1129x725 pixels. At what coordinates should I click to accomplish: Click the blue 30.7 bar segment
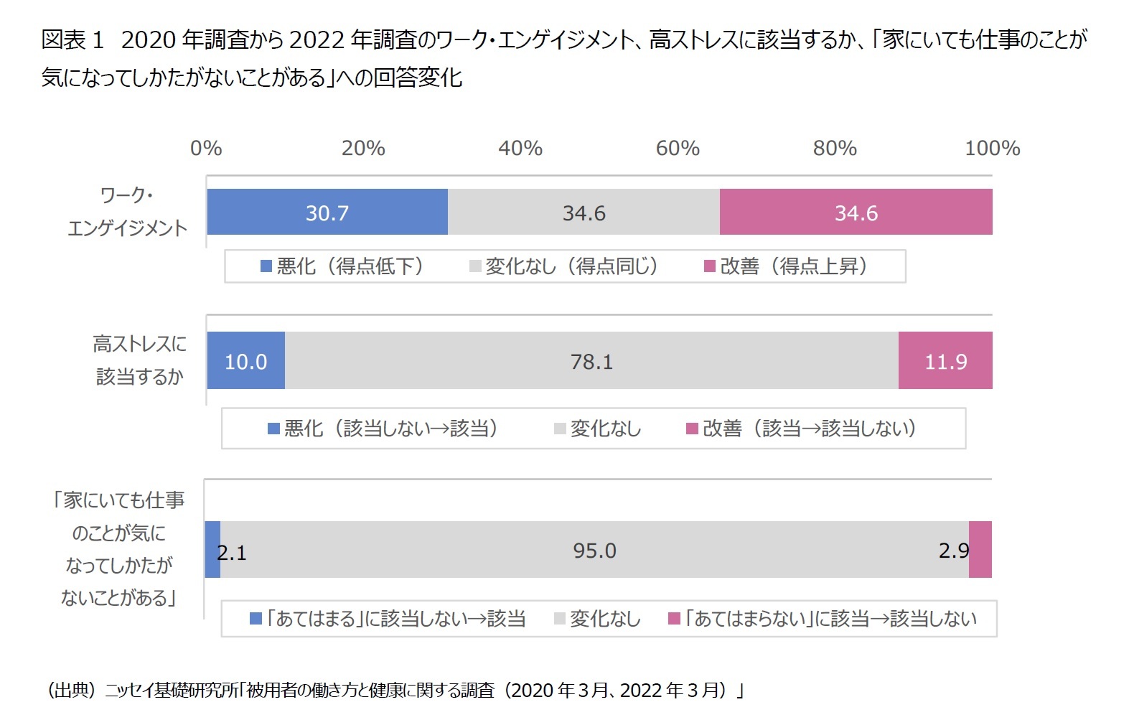pyautogui.click(x=327, y=212)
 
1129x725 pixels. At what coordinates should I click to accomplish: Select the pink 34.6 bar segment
pyautogui.click(x=856, y=212)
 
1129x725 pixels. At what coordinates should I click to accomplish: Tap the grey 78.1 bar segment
pyautogui.click(x=591, y=361)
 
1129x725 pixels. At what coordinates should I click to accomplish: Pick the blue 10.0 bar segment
pyautogui.click(x=245, y=361)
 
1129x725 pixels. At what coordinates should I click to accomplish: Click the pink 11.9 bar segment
pyautogui.click(x=945, y=361)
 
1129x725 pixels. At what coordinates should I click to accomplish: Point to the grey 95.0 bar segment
pyautogui.click(x=594, y=550)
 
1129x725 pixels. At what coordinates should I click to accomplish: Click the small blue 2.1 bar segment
pyautogui.click(x=212, y=550)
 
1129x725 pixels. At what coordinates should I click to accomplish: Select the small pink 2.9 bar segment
pyautogui.click(x=980, y=550)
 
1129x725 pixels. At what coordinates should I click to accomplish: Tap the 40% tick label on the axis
pyautogui.click(x=520, y=149)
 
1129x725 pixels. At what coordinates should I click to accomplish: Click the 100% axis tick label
pyautogui.click(x=992, y=149)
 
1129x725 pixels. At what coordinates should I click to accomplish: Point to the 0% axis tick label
pyautogui.click(x=206, y=149)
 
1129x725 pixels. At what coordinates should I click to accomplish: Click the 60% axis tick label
pyautogui.click(x=678, y=149)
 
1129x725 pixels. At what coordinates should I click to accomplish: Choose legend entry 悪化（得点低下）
pyautogui.click(x=342, y=266)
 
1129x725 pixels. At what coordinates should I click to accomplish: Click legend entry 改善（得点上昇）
pyautogui.click(x=787, y=266)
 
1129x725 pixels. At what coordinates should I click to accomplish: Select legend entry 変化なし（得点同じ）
pyautogui.click(x=564, y=266)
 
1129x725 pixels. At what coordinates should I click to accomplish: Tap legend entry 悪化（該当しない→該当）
pyautogui.click(x=383, y=429)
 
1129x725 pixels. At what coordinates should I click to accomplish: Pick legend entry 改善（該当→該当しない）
pyautogui.click(x=802, y=429)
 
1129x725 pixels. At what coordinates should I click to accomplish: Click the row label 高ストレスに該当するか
pyautogui.click(x=139, y=360)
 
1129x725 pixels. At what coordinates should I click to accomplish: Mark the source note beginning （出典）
pyautogui.click(x=395, y=691)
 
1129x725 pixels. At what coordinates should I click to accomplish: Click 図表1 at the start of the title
pyautogui.click(x=72, y=40)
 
